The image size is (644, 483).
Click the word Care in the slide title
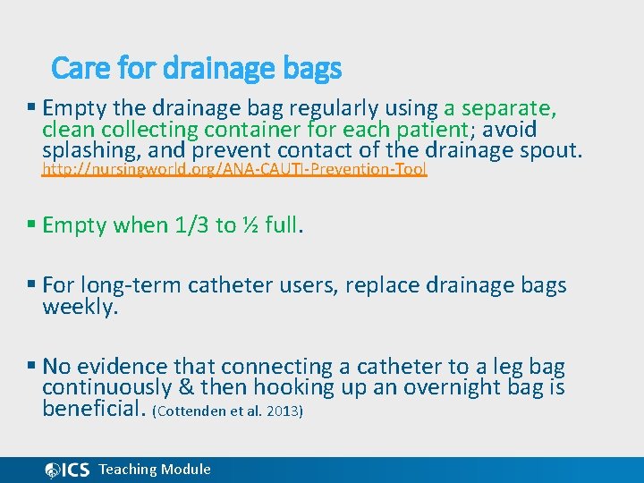point(75,68)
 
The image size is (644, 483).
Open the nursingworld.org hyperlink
point(234,169)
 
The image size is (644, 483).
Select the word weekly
point(80,307)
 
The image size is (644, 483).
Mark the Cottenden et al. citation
point(228,411)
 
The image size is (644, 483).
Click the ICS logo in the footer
point(67,470)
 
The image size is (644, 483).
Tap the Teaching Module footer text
point(155,470)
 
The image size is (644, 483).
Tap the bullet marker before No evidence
point(32,366)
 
